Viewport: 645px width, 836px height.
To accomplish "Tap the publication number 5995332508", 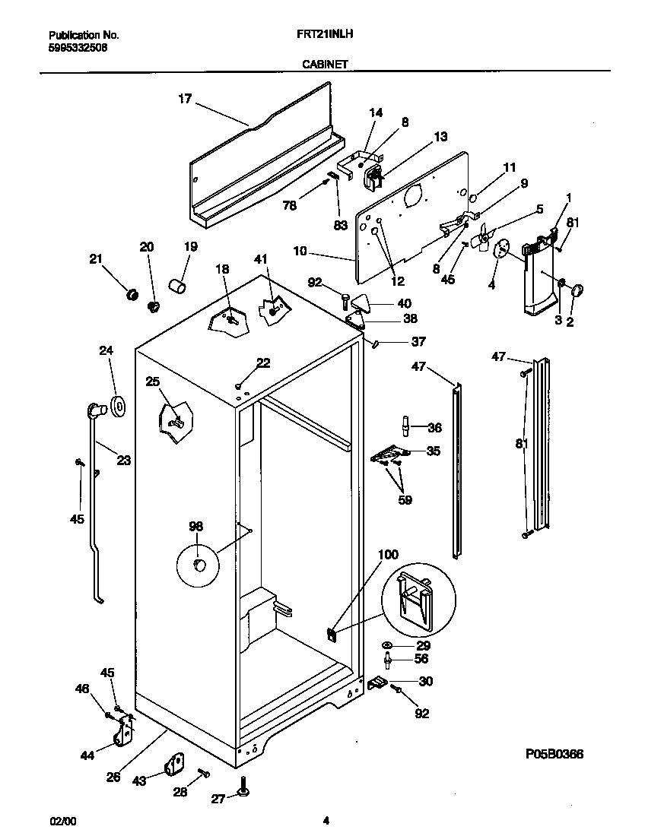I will (x=78, y=46).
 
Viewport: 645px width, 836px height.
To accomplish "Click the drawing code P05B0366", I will (x=554, y=754).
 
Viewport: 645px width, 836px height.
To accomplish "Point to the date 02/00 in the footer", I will (x=62, y=821).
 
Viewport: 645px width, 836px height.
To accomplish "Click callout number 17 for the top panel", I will (x=185, y=98).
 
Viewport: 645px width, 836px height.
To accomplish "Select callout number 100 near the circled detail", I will (x=388, y=555).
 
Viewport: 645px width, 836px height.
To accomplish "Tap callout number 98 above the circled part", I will (x=196, y=526).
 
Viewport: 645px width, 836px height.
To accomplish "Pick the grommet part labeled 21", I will (x=131, y=293).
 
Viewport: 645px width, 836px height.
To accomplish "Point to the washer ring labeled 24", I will (x=119, y=407).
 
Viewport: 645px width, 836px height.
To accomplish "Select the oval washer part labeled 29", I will (x=388, y=645).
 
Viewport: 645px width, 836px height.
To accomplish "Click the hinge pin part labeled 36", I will (x=406, y=427).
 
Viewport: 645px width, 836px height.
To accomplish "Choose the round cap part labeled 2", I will (x=577, y=290).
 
